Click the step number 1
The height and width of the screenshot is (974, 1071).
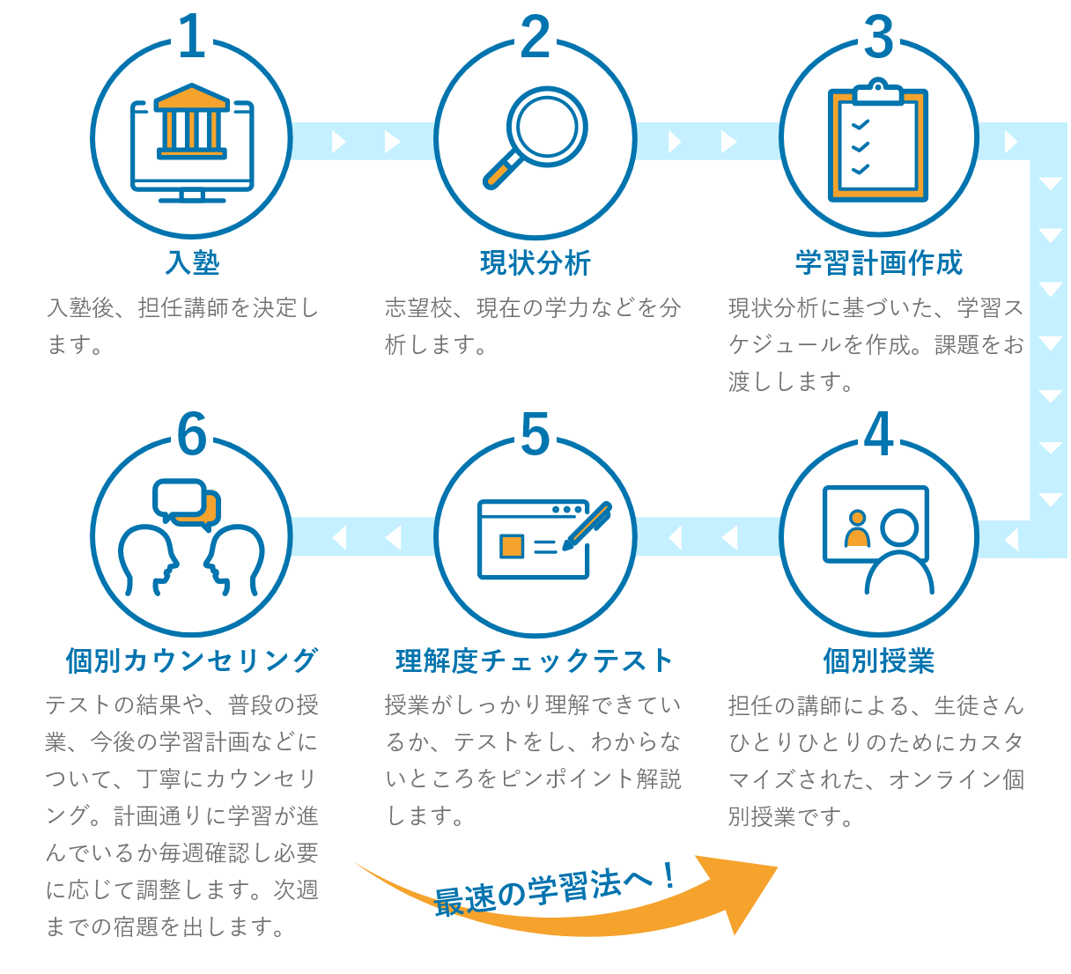(192, 36)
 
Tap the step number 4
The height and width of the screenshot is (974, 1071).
(878, 433)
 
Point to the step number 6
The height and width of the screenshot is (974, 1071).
(192, 433)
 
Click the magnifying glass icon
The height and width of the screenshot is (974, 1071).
(535, 137)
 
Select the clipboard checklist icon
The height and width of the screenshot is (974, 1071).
(878, 140)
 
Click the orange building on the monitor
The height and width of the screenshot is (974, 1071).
(192, 122)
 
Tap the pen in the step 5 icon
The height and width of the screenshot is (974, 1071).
(587, 526)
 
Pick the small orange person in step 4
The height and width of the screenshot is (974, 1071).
(858, 528)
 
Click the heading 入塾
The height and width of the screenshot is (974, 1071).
(192, 262)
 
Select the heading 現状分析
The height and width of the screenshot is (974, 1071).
(535, 262)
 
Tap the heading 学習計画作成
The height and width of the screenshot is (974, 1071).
(878, 262)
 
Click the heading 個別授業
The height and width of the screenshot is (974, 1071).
(878, 660)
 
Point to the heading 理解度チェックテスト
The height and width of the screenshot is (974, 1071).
(535, 660)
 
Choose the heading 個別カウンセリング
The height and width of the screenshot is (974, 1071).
(192, 660)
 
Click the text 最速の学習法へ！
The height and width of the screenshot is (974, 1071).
(555, 890)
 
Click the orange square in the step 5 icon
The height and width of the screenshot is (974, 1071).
(511, 546)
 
